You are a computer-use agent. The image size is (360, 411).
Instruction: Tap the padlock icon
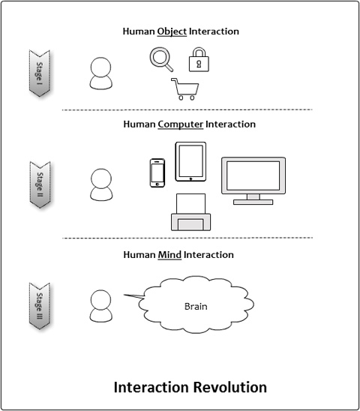coord(199,59)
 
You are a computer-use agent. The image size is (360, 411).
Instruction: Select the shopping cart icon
coord(185,89)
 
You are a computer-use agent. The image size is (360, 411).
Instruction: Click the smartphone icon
coord(157,173)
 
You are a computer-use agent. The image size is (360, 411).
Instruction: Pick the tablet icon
coord(190,162)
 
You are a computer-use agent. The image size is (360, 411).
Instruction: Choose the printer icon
coord(191,212)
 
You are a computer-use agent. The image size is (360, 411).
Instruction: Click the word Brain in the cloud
coord(196,307)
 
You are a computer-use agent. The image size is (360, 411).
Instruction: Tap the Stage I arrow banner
coord(39,73)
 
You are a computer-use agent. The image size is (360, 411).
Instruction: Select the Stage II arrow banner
coord(40,184)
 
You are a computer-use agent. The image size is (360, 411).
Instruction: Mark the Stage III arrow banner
coord(39,306)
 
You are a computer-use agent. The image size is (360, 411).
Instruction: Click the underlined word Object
coord(172,31)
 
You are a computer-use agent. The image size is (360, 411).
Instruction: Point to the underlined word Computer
coord(181,124)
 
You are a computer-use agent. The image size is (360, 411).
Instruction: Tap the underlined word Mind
coord(169,255)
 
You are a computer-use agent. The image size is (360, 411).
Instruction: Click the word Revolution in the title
coord(230,388)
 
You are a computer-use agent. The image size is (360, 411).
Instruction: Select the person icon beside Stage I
coord(101,73)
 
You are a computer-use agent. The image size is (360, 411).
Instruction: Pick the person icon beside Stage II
coord(101,184)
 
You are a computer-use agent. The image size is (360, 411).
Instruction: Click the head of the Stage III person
coord(100,300)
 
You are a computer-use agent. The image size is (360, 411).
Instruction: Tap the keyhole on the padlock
coord(199,64)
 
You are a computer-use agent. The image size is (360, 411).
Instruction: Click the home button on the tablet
coord(190,179)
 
